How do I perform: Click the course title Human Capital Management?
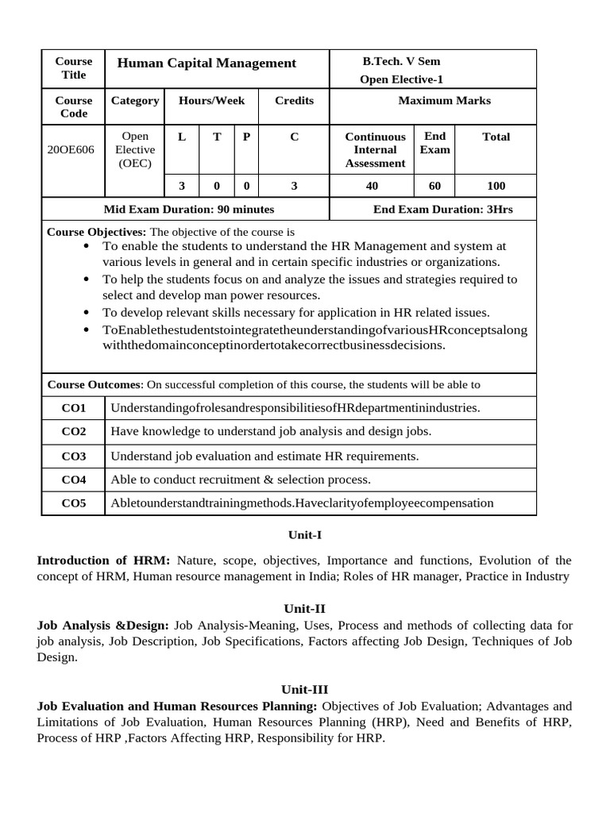coord(207,64)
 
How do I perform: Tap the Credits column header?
coord(294,101)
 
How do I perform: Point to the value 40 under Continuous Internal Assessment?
coord(373,186)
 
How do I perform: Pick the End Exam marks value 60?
coord(434,186)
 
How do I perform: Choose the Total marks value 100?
coord(496,186)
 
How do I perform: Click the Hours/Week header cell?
coord(211,101)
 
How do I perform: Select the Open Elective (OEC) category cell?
coord(134,149)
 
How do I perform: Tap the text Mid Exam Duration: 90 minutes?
coord(189,210)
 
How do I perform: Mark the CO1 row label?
coord(73,408)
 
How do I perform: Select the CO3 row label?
coord(73,457)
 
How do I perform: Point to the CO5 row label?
coord(73,503)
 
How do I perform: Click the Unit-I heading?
coord(304,535)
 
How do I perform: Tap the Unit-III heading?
coord(304,689)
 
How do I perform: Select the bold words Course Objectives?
coord(97,232)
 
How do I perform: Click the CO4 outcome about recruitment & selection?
coord(241,480)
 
